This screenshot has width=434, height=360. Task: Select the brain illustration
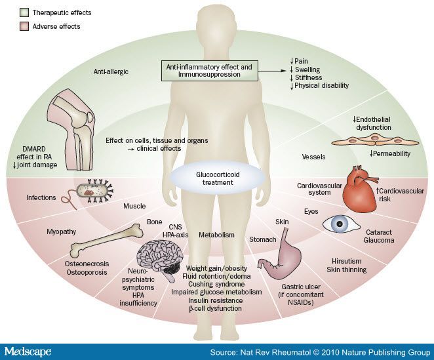(159, 256)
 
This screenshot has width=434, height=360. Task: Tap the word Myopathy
(62, 231)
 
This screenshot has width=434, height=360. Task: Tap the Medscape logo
(27, 351)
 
